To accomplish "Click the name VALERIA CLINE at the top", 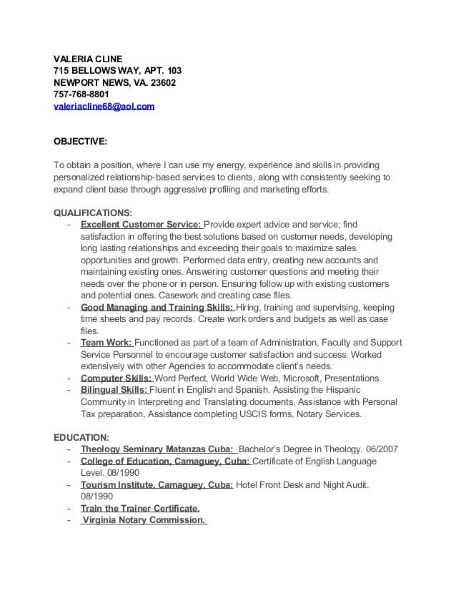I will [89, 58].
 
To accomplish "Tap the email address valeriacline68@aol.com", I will [104, 107].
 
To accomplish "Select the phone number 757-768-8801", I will [84, 94].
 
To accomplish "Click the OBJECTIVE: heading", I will [81, 142].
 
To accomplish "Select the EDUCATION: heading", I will [81, 436].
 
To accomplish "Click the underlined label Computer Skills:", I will [117, 377].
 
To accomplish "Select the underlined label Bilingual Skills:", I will [114, 389].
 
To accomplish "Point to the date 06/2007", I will [380, 449].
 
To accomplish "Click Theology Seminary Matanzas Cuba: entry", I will [157, 449].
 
